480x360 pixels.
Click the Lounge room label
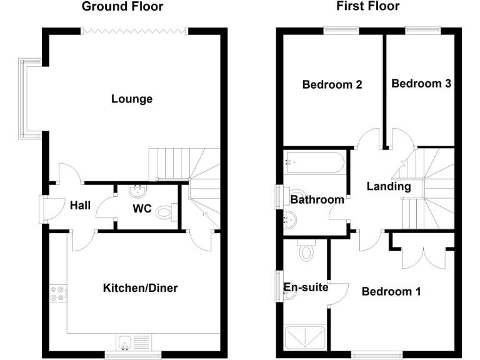point(131,99)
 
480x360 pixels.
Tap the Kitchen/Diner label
point(140,288)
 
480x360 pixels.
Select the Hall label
point(80,206)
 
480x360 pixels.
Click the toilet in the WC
point(166,212)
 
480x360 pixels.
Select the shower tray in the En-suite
point(304,337)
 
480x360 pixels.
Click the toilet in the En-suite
point(306,251)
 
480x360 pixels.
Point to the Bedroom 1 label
point(391,291)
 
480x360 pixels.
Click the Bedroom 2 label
point(332,84)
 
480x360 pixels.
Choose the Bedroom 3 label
point(421,83)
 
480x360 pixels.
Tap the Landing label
point(388,186)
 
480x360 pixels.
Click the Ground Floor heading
point(122,7)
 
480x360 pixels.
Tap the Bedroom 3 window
point(423,29)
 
